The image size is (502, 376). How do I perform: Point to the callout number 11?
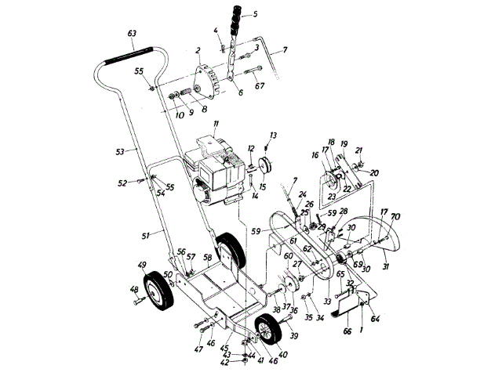point(215,126)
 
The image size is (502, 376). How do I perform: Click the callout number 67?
point(260,85)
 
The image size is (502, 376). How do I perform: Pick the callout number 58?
point(207,257)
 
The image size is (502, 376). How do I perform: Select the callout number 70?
point(395,215)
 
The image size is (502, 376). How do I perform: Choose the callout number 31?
point(386,266)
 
